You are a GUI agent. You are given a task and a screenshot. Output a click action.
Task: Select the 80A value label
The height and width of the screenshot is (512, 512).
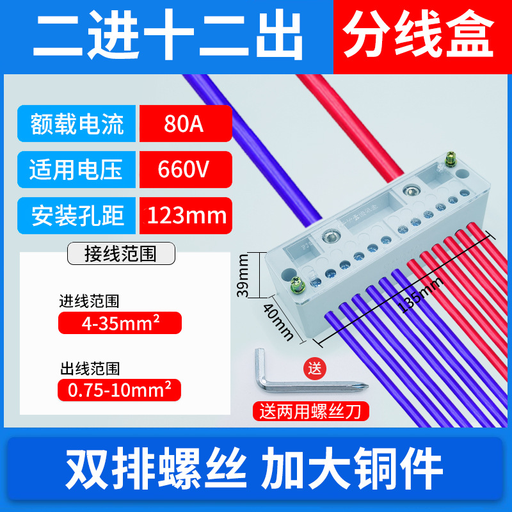tap(184, 124)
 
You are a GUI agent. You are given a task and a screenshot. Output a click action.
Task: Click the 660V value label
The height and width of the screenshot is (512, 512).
tap(184, 170)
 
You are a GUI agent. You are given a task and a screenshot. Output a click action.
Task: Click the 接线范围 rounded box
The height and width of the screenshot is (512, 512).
tap(121, 253)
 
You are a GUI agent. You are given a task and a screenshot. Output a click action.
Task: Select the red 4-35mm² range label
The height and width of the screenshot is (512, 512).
tap(120, 323)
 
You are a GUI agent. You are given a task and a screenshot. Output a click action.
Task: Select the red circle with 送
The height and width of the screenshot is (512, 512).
tap(314, 368)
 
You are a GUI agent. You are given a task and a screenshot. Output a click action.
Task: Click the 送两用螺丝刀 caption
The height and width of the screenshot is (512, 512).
tap(314, 410)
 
